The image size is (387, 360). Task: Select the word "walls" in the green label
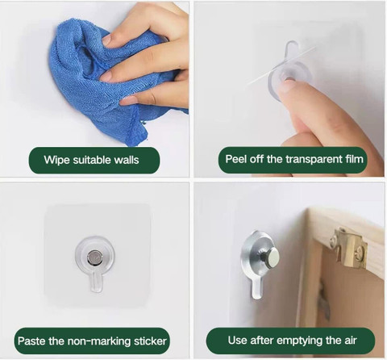coord(127,160)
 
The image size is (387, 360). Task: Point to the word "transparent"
coord(314,159)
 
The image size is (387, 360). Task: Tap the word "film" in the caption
coord(354,159)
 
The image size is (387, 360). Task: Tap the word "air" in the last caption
coord(351,341)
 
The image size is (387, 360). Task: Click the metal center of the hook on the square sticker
coord(94,257)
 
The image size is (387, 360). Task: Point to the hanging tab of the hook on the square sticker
coord(96,282)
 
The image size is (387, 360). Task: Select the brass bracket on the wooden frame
coord(348,247)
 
